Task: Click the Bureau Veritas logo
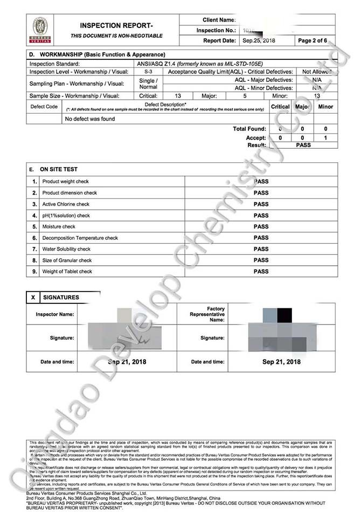(x=40, y=30)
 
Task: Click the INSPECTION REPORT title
(x=116, y=25)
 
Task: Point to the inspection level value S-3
(x=148, y=72)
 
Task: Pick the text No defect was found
(x=89, y=119)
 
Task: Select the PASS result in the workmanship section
(x=303, y=145)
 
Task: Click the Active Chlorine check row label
(x=66, y=204)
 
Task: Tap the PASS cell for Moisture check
(x=261, y=226)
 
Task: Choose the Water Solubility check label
(x=66, y=249)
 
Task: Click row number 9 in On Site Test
(x=34, y=272)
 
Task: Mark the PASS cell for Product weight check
(x=261, y=182)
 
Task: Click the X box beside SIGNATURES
(x=33, y=297)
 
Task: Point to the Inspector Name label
(x=55, y=314)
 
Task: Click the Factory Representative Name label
(x=207, y=314)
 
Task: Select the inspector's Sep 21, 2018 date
(x=127, y=362)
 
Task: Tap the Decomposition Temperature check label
(x=80, y=238)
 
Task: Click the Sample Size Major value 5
(x=245, y=96)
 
